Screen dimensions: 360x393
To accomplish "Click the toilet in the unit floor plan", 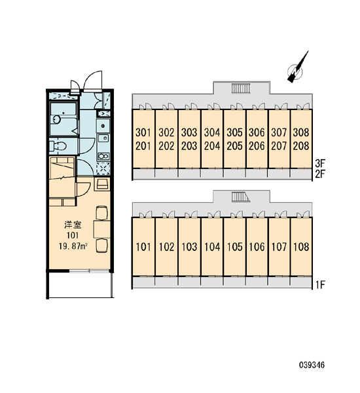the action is (58, 146).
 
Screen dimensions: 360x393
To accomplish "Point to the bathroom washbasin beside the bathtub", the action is (56, 119).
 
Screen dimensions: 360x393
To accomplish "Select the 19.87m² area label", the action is (73, 246).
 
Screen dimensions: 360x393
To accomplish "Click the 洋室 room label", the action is (73, 225).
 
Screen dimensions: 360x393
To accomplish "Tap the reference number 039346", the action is (312, 365).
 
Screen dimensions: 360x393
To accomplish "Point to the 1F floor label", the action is (320, 284).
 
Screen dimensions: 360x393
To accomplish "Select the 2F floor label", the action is (320, 174).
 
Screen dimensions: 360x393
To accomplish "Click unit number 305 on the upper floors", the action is (234, 132).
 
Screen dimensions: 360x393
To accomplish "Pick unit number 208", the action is (301, 145).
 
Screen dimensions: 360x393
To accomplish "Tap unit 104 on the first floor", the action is (212, 247).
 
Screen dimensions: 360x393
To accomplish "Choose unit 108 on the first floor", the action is (301, 247).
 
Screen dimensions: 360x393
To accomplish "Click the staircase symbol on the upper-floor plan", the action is (241, 88).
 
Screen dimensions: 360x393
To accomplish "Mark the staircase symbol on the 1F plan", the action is (241, 197).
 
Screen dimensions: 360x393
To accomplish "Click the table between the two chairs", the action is (101, 229).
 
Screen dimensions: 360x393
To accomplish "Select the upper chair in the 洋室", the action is (101, 213).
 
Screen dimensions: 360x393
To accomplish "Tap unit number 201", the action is (143, 145).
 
